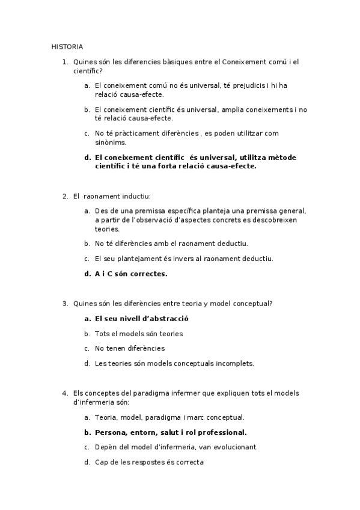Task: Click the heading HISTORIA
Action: (x=67, y=46)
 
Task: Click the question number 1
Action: (x=64, y=61)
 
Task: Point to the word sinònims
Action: (x=111, y=143)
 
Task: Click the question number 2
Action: (x=64, y=196)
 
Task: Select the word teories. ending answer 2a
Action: (x=108, y=229)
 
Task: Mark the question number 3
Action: (x=64, y=304)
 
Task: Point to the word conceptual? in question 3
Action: (x=255, y=304)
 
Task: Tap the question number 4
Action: (x=64, y=393)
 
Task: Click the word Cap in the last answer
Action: (x=101, y=462)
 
